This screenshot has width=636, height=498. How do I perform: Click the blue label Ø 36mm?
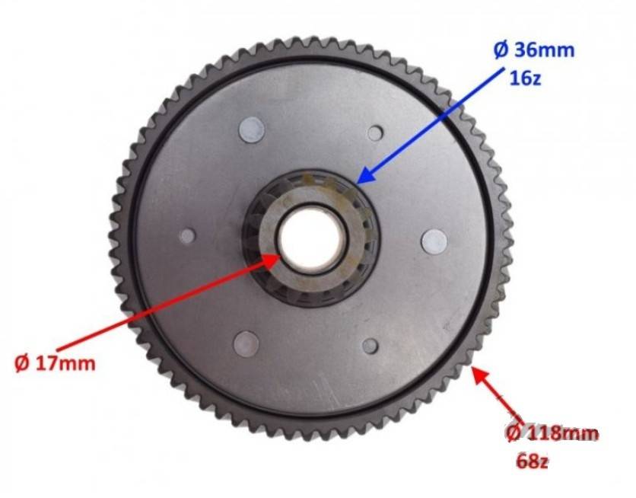click(x=534, y=50)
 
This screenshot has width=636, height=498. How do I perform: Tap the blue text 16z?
click(x=525, y=78)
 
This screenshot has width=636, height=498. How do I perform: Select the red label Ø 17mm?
click(x=56, y=363)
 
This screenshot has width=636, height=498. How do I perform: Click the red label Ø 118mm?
click(x=552, y=433)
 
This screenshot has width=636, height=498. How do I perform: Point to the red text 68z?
click(x=533, y=461)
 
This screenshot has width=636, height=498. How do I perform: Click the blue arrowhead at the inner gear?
click(x=365, y=176)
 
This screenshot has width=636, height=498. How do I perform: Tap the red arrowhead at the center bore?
click(x=271, y=261)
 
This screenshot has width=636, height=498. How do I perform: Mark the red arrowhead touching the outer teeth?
click(x=479, y=374)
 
